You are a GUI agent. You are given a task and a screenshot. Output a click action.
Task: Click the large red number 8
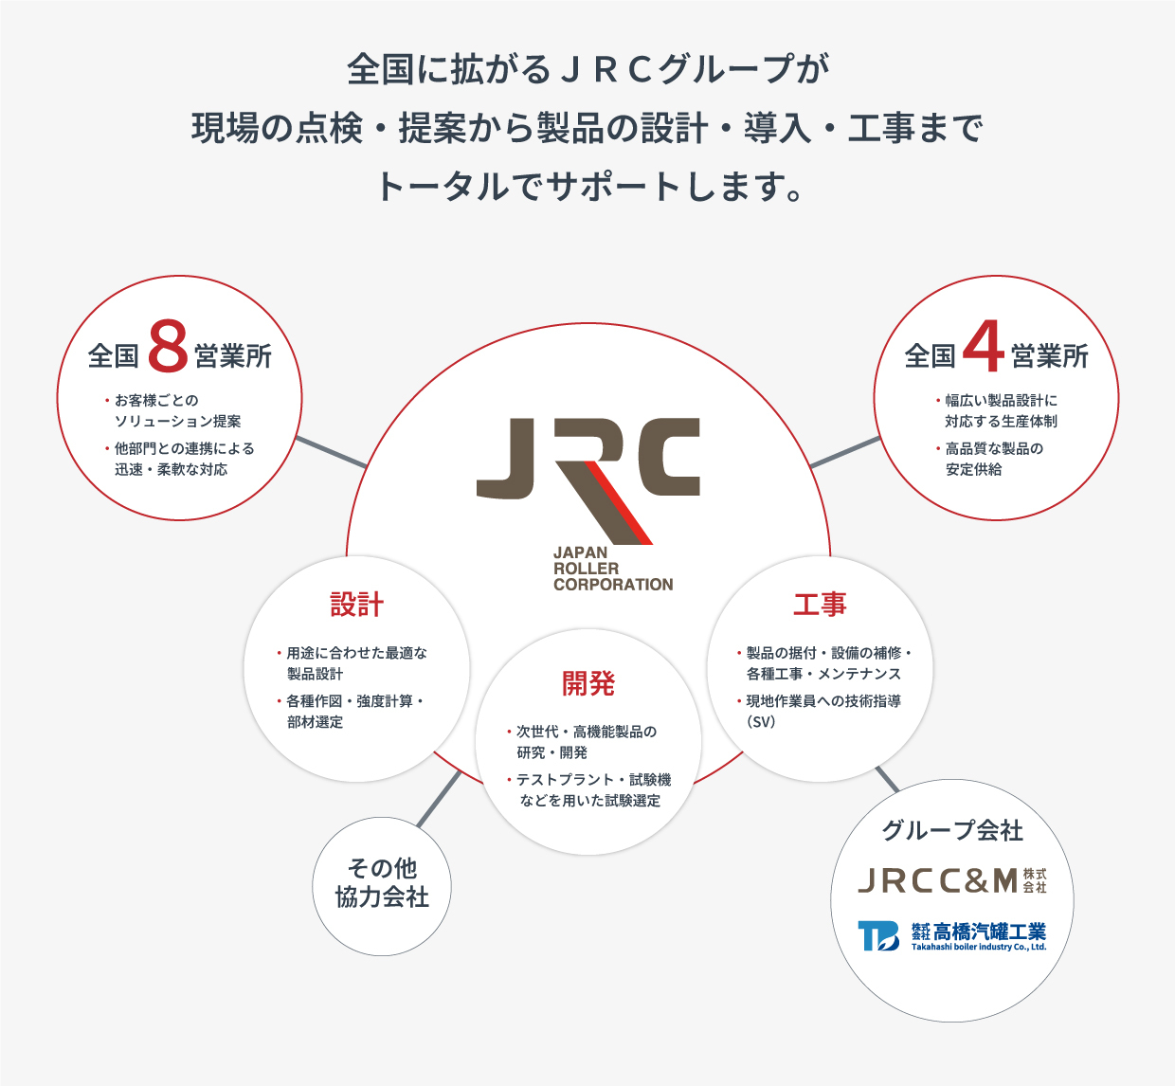coord(168,347)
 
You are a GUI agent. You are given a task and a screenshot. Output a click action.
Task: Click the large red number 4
coord(983,347)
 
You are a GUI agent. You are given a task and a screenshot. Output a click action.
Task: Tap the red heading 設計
coord(356,605)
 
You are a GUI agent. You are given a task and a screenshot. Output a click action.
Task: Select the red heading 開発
coord(588,683)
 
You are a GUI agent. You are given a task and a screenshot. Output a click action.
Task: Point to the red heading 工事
coord(820,605)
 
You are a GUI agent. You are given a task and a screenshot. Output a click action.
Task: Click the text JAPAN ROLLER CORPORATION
coord(613,569)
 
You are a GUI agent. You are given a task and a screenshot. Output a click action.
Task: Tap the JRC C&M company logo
coord(951,880)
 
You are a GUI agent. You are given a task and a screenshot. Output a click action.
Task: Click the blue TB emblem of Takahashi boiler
coord(877,935)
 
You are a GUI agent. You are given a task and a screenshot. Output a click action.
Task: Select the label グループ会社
coord(952,831)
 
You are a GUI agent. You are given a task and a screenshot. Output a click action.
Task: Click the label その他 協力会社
coord(382,883)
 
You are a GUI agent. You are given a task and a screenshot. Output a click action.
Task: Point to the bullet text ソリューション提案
coord(178,422)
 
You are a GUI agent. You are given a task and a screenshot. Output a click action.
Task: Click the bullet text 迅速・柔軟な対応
coord(172,470)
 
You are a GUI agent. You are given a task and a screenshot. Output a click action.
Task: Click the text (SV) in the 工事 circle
coord(761,722)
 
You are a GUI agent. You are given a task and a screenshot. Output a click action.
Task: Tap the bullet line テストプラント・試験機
coord(593,780)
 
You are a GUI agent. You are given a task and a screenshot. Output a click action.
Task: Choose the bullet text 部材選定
coord(316,722)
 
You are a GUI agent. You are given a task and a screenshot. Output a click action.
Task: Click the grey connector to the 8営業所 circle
coord(331,452)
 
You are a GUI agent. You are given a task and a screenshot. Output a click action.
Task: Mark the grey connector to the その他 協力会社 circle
coord(439,799)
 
